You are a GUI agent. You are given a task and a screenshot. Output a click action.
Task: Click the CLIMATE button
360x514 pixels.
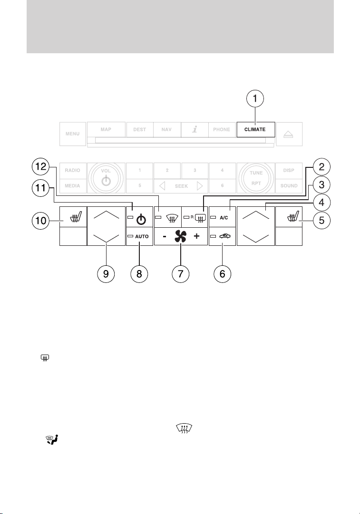coord(255,129)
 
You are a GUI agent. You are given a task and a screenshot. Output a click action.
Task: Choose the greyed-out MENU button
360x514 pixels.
coord(72,134)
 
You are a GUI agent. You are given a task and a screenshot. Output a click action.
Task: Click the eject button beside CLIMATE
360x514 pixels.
coord(289,134)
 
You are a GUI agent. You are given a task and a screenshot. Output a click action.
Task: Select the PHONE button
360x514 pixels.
coord(222,129)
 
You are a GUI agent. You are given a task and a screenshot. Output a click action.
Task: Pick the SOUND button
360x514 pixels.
coord(289,185)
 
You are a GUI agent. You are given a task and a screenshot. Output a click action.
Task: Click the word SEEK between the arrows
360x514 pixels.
coord(181,186)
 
